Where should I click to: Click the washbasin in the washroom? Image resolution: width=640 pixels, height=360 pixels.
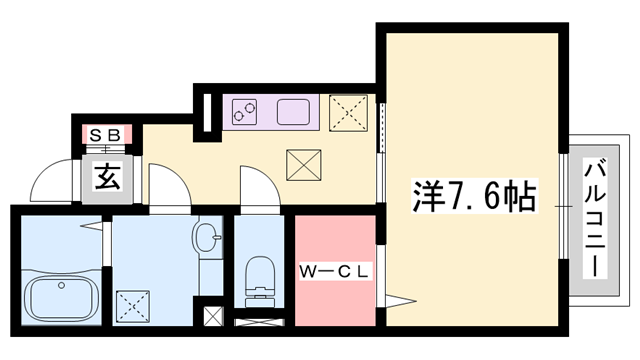pos(208,241)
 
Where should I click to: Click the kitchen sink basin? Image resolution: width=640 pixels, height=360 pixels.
pos(294,111)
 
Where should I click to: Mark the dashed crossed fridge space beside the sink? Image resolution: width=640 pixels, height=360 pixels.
pos(349,111)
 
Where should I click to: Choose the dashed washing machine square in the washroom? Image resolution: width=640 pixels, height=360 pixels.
pos(131,303)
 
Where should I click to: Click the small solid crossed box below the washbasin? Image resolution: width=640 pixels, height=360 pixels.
pos(213,318)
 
